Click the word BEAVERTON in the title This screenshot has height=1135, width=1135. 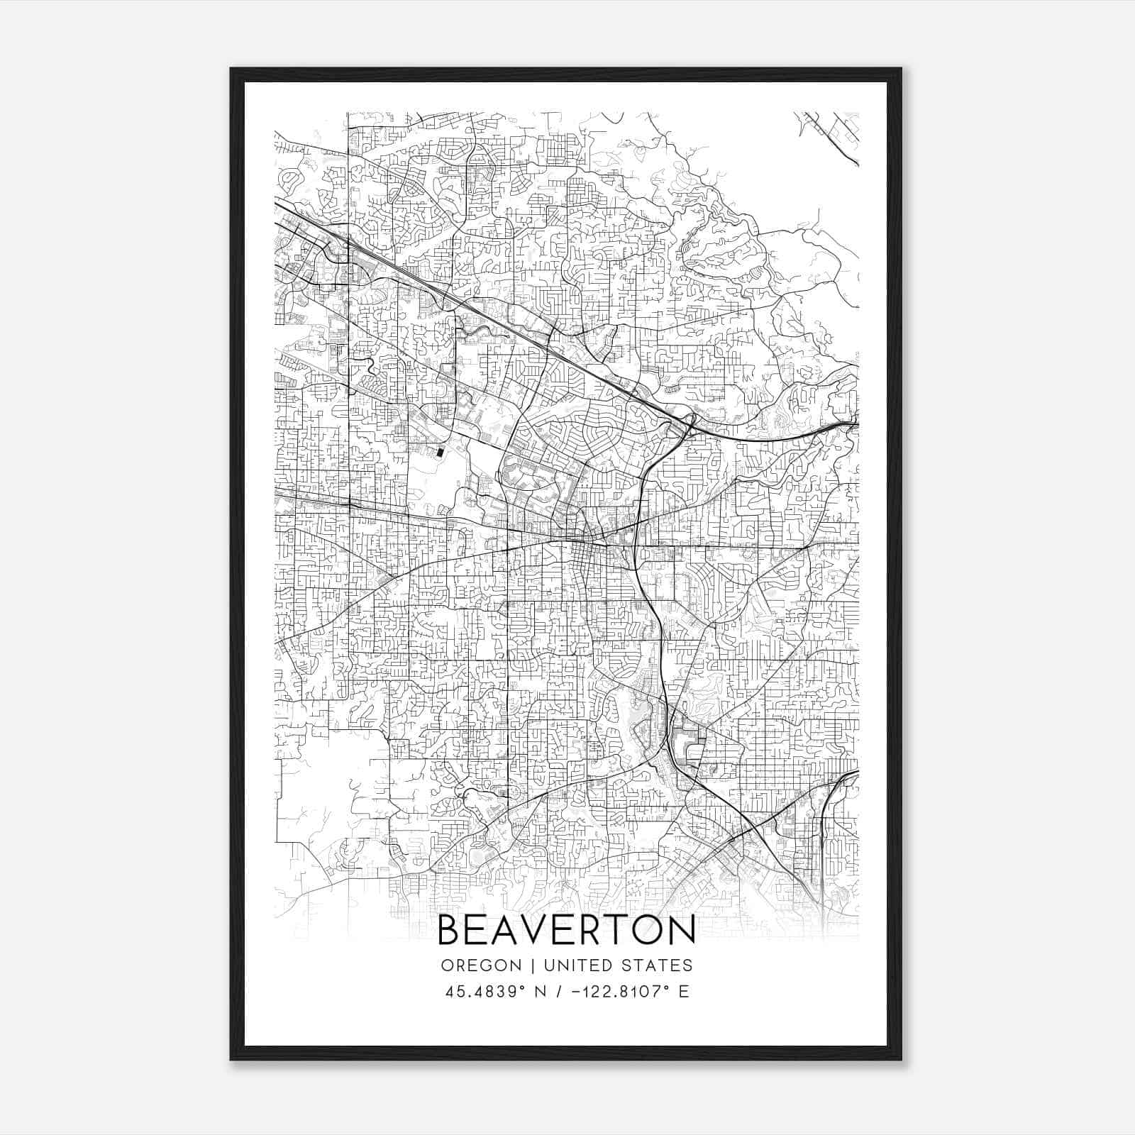click(566, 930)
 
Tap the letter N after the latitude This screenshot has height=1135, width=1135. click(544, 992)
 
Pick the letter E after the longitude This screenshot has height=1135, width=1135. click(684, 992)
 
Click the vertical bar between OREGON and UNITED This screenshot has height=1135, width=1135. click(524, 965)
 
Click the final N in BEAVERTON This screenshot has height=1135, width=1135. click(682, 930)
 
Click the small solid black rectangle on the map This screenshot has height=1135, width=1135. click(440, 450)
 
